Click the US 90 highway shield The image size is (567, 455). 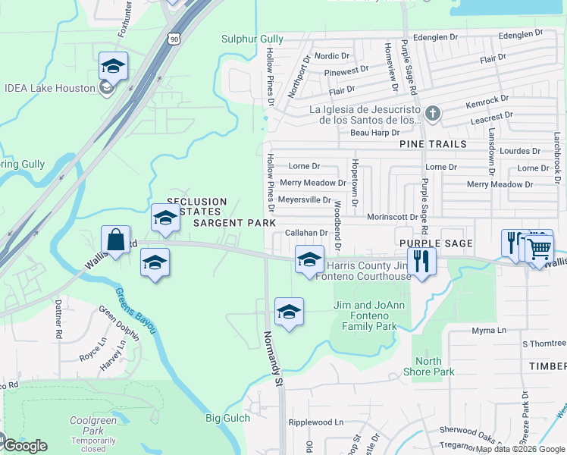(175, 39)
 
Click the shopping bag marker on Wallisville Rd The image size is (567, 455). (115, 240)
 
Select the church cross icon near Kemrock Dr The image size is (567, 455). (432, 114)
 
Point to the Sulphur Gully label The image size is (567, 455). (252, 39)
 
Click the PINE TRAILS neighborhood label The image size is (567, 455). (434, 143)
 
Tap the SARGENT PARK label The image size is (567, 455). (228, 223)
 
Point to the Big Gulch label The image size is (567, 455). (227, 418)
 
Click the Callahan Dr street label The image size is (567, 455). (305, 233)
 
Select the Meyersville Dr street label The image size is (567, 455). (305, 200)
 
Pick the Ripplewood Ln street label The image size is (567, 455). (315, 422)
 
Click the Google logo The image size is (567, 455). (24, 446)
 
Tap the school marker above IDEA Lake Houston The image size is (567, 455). (113, 67)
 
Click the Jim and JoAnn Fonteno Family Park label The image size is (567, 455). (369, 315)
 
